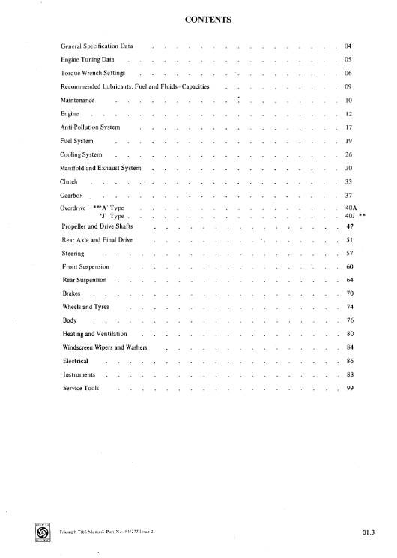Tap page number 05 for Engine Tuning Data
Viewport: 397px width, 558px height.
click(x=348, y=58)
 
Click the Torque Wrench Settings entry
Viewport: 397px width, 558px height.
click(x=93, y=74)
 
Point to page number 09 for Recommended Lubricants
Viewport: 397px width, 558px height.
click(x=348, y=87)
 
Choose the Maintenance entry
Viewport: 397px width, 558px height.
click(x=78, y=100)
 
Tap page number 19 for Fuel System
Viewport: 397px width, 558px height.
click(x=348, y=140)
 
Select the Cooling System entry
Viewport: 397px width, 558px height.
click(x=82, y=154)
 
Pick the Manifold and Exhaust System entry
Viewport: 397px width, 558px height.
click(x=100, y=168)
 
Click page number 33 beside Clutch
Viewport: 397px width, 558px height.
click(x=348, y=181)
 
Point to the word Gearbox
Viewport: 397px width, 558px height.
click(x=73, y=195)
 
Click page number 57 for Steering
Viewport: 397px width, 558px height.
click(x=349, y=253)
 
